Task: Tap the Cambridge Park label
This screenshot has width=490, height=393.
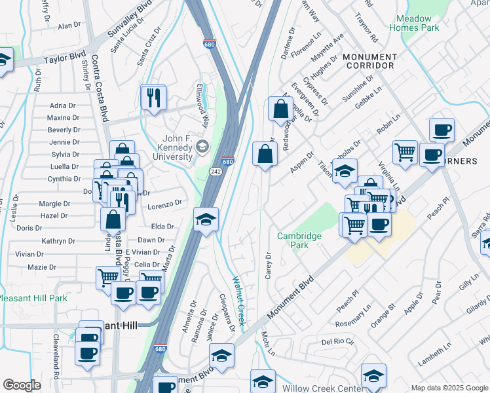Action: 299,240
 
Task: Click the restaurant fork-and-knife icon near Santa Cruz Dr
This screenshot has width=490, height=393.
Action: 155,98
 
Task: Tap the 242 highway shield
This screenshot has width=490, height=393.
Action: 215,171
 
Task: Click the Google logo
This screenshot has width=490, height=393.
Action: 22,385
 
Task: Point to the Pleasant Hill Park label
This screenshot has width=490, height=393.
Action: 33,298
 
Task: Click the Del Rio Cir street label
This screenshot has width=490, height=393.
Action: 337,342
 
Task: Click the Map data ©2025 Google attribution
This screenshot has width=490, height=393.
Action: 449,388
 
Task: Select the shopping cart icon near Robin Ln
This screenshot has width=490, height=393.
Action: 405,151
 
